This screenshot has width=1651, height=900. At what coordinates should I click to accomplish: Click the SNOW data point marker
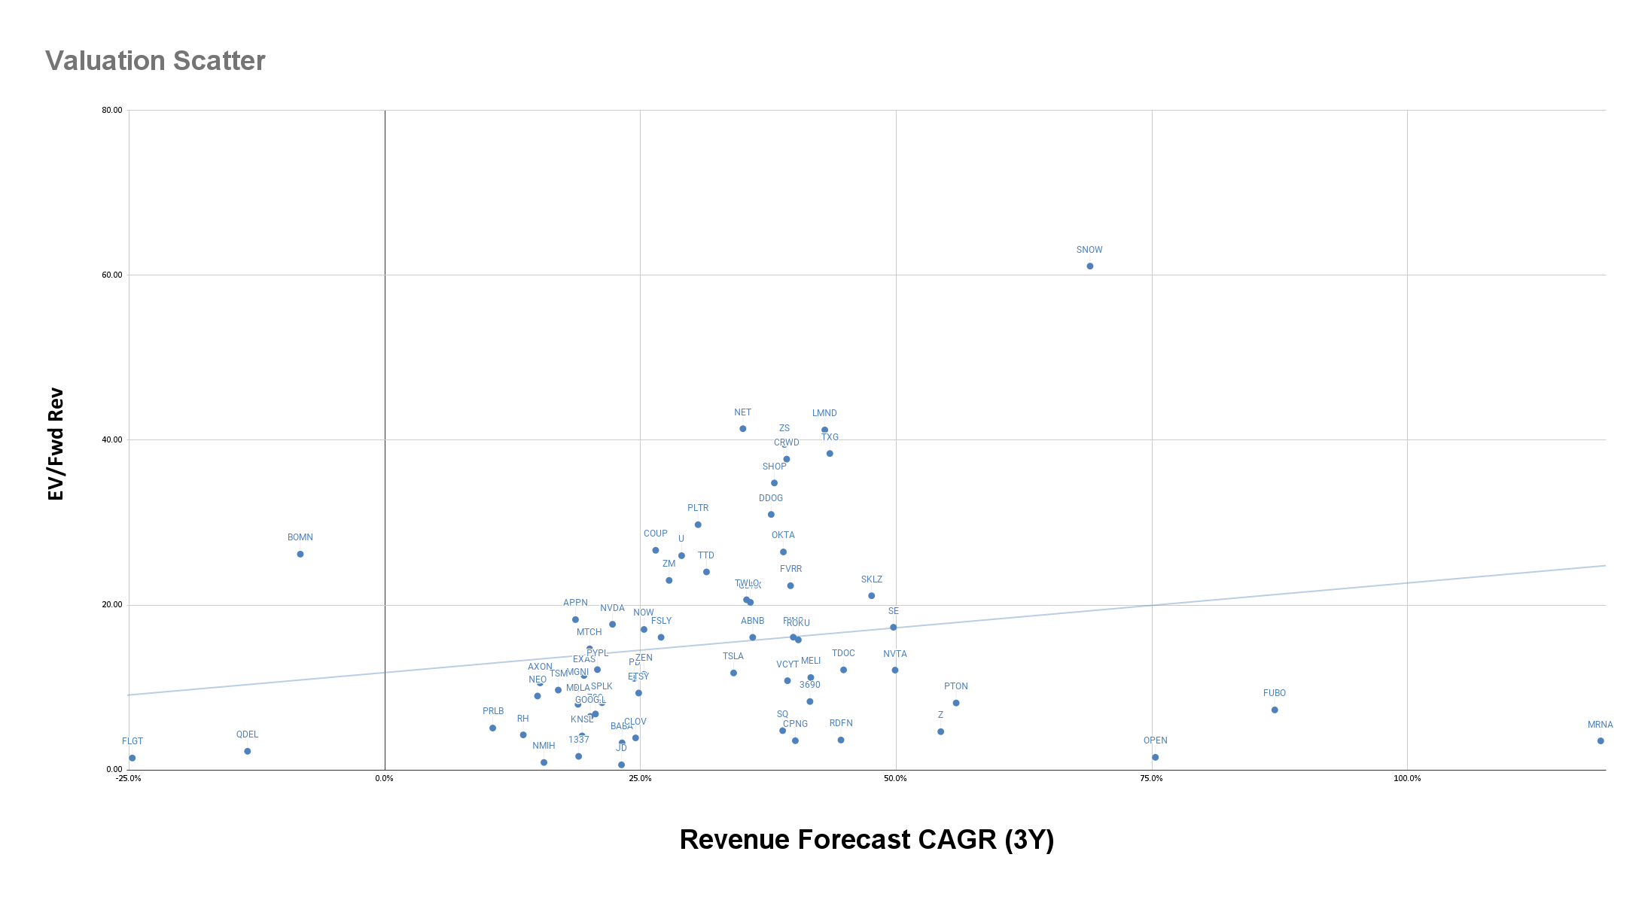coord(1089,266)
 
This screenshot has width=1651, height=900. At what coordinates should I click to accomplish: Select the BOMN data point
coord(300,555)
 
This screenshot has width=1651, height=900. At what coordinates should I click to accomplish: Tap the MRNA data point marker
coord(1601,741)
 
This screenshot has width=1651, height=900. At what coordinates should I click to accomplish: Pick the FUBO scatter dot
coord(1275,710)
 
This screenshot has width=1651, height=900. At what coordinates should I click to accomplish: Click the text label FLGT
coord(133,741)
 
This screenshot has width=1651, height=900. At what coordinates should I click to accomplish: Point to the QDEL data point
coord(248,752)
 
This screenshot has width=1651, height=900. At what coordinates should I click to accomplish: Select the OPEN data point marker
coord(1156,758)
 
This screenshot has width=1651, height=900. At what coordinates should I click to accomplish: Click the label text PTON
coord(956,686)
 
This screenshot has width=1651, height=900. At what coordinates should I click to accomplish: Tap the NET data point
coord(743,429)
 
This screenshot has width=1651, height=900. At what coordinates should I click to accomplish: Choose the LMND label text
coord(824,413)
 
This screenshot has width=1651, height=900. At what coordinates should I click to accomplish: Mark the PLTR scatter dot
coord(698,525)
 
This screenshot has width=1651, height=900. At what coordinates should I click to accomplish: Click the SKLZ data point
coord(872,596)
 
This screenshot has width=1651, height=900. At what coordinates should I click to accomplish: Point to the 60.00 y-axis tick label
coord(112,275)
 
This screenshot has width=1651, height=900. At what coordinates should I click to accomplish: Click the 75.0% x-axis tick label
coord(1151,779)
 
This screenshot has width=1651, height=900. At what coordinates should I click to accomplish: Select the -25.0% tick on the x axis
coord(129,779)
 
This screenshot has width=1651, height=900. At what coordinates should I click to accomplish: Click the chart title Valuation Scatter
coord(155,61)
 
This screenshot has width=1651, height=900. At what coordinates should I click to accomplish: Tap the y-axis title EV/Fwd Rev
coord(56,444)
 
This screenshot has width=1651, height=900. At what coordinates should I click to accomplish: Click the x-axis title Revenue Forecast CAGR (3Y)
coord(867,840)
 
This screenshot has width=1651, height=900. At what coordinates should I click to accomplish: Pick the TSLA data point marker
coord(733,673)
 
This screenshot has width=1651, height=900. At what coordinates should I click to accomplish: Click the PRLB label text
coord(493,711)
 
